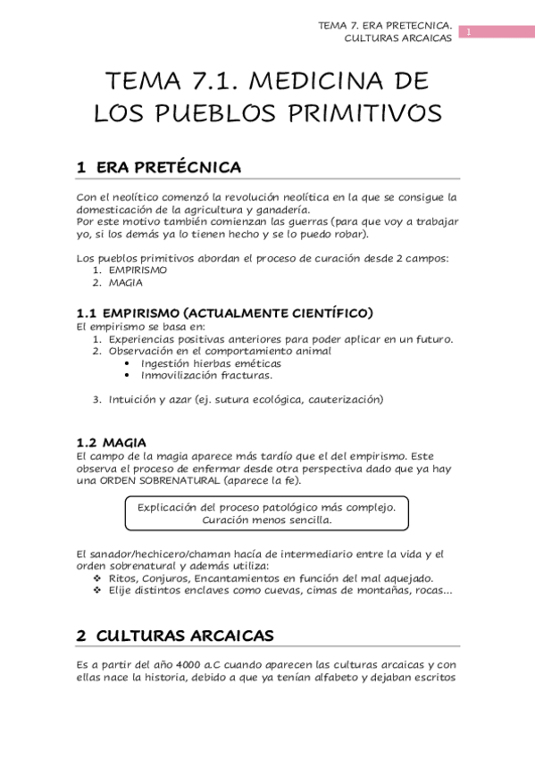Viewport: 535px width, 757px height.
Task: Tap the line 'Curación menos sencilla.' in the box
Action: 267,520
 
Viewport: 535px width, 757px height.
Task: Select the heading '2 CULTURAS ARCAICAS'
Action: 175,636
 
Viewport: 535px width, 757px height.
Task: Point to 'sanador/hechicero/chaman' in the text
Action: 147,554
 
